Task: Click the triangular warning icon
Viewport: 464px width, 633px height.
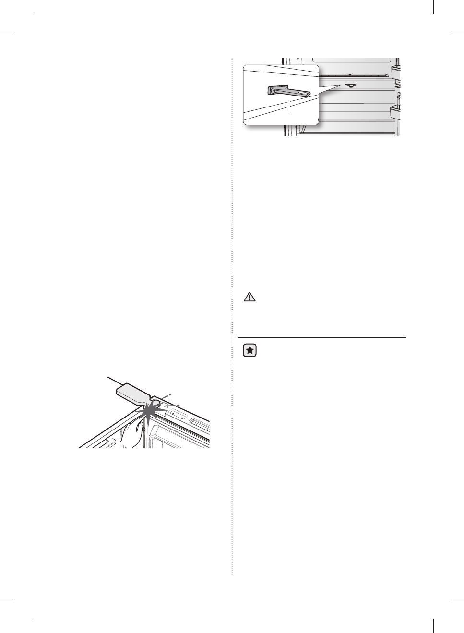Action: point(250,297)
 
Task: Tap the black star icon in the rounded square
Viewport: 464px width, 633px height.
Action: point(250,351)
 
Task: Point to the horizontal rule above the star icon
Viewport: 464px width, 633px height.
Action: point(321,337)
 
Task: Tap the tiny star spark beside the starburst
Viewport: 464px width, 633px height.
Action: point(178,406)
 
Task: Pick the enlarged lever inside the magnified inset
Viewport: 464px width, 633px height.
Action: point(288,93)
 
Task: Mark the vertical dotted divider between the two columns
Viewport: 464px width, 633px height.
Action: point(232,317)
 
